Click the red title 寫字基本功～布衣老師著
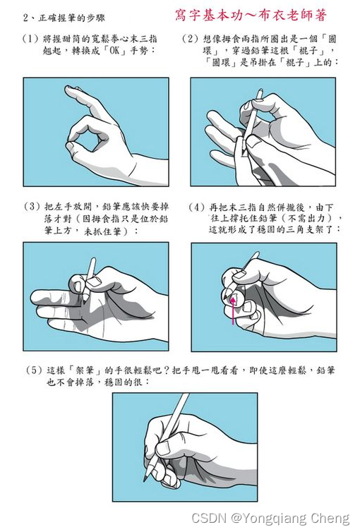click(251, 16)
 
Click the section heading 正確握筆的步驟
click(71, 18)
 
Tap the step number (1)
click(30, 39)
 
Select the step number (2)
click(190, 39)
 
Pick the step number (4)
click(197, 207)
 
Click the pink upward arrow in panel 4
click(233, 310)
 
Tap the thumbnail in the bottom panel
click(163, 449)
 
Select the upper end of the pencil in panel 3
click(94, 260)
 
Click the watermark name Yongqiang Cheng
click(290, 519)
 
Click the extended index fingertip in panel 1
click(70, 89)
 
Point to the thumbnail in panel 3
click(93, 282)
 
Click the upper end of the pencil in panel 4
click(256, 253)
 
